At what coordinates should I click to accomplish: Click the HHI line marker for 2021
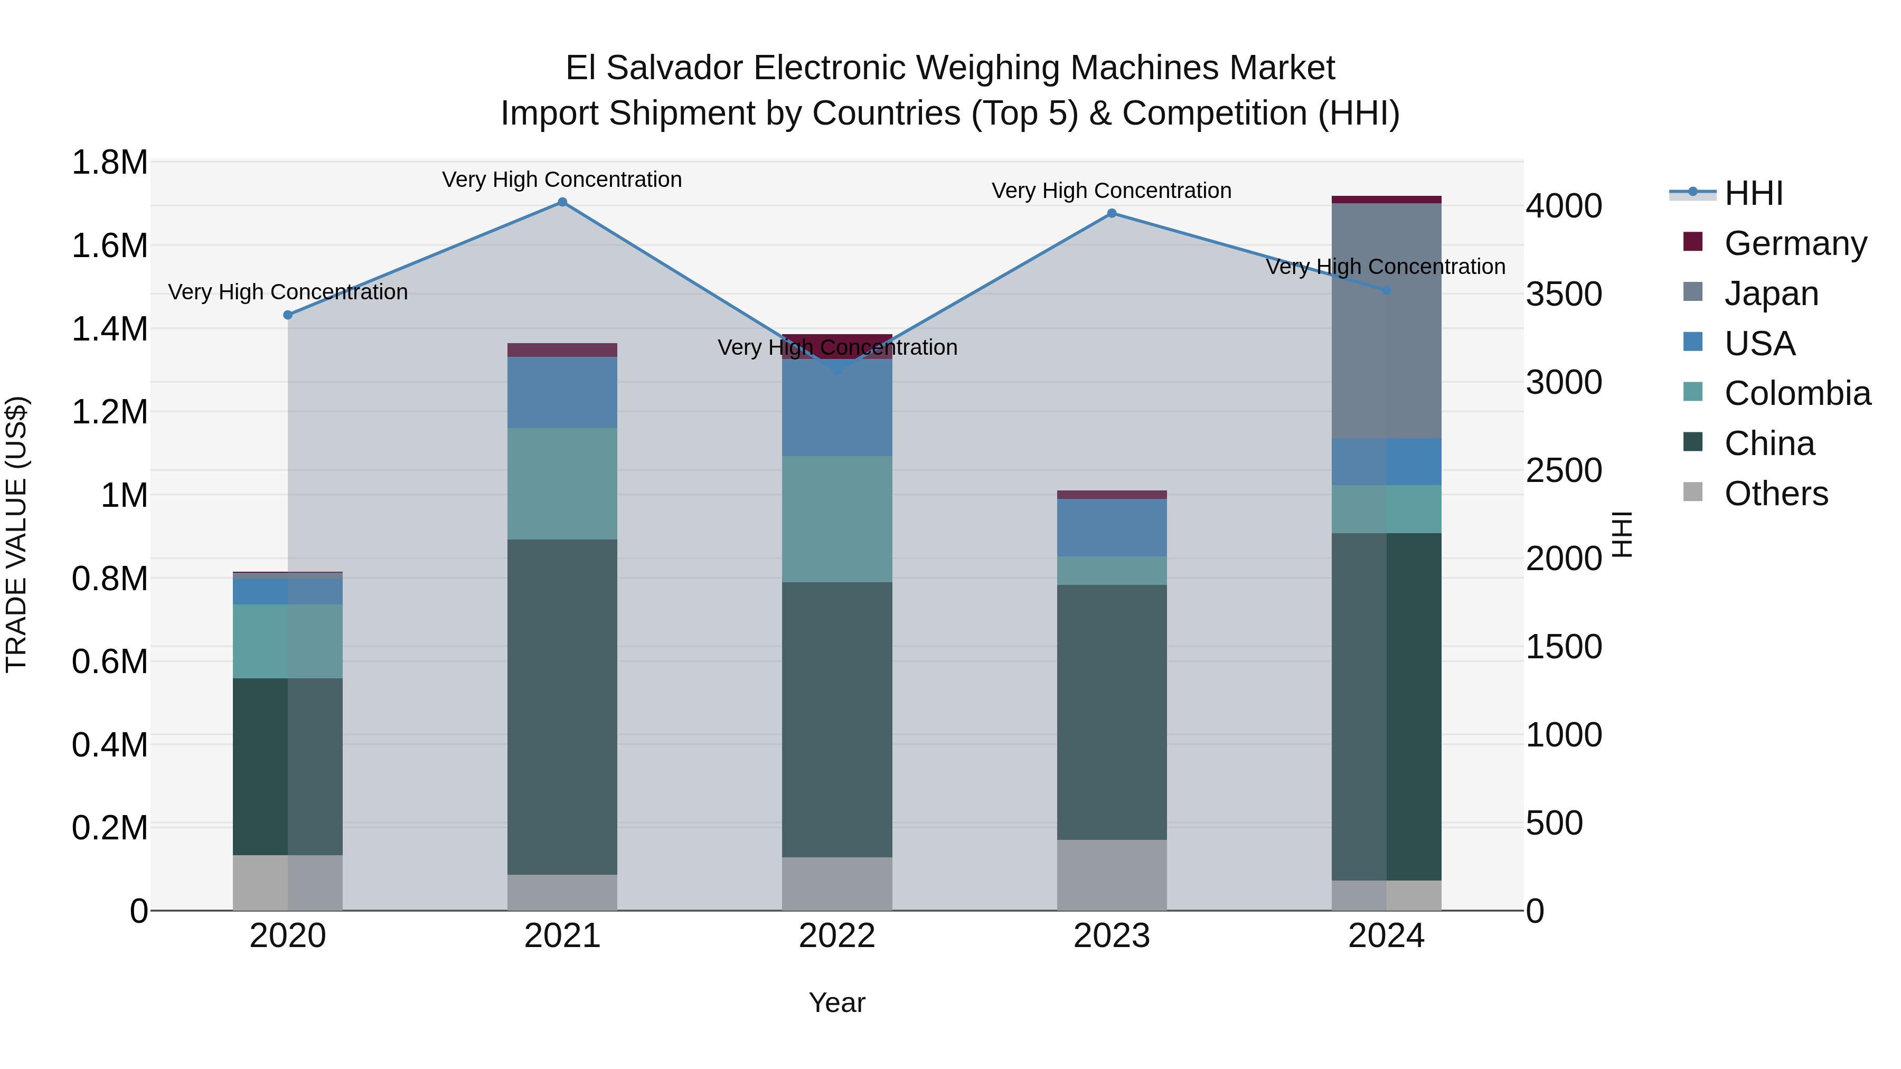point(562,202)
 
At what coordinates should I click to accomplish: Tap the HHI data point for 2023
point(1112,213)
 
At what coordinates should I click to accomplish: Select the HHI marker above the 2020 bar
point(288,315)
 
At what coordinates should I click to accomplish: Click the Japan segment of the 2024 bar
point(1386,321)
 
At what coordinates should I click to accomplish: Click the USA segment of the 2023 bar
point(1112,527)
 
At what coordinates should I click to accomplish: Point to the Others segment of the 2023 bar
point(1112,874)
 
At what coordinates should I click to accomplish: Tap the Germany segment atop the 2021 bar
point(562,349)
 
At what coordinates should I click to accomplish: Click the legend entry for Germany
point(1795,243)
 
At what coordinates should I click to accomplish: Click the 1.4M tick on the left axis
point(109,329)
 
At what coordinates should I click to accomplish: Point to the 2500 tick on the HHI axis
point(1564,471)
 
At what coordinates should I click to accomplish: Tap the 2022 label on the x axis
point(837,936)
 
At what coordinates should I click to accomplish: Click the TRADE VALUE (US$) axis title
point(16,534)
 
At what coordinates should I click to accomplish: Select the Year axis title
point(837,1002)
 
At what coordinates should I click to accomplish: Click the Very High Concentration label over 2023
point(1112,191)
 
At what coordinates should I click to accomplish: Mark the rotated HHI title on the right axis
point(1622,534)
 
